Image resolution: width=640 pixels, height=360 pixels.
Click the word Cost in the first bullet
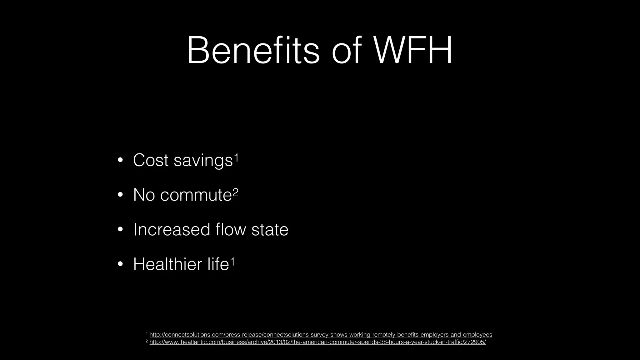pyautogui.click(x=151, y=160)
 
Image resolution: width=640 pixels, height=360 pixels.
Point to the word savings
pyautogui.click(x=203, y=161)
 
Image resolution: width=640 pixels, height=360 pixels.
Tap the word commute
pyautogui.click(x=196, y=195)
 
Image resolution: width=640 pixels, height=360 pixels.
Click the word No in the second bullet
pyautogui.click(x=144, y=195)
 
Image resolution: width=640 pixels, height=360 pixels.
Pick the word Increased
pyautogui.click(x=172, y=229)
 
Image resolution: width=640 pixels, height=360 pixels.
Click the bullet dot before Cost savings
pyautogui.click(x=120, y=161)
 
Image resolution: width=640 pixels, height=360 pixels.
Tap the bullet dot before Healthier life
pyautogui.click(x=120, y=265)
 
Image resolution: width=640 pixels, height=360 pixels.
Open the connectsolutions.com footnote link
pyautogui.click(x=321, y=335)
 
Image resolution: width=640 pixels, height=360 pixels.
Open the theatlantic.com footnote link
pyautogui.click(x=317, y=342)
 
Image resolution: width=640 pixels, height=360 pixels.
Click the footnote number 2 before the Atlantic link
pyautogui.click(x=147, y=341)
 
